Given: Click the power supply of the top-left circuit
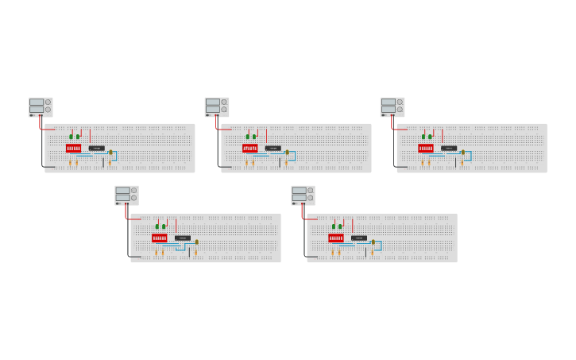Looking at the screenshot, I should [x=41, y=106].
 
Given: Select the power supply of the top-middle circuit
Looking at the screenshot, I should [x=217, y=106].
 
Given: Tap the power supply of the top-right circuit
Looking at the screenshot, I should [x=392, y=106].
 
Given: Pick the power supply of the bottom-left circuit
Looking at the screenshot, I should [x=126, y=195].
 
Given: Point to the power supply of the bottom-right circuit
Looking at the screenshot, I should [x=303, y=195].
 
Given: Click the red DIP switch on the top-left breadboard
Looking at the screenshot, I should [x=73, y=148].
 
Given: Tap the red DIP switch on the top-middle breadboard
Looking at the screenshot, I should [x=249, y=148].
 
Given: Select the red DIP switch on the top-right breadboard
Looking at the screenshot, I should [x=426, y=148].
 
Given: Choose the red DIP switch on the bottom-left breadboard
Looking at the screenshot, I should [x=159, y=238].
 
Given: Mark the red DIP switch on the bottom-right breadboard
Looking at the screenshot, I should [x=335, y=238].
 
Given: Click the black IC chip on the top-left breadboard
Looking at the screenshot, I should [x=97, y=148].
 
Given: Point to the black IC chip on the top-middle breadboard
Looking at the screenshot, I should [x=273, y=148].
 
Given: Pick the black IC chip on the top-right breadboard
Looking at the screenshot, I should [x=449, y=148].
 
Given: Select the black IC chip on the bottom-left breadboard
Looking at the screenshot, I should [x=183, y=238].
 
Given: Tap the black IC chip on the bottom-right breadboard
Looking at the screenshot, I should [x=359, y=238].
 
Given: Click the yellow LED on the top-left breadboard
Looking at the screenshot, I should [x=110, y=152].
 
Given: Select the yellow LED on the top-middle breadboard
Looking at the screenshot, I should [x=287, y=152].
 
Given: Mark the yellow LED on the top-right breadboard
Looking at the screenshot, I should [x=463, y=152].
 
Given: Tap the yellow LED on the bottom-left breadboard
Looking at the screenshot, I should [x=196, y=242].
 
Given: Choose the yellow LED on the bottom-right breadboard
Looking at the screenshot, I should [x=373, y=242].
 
